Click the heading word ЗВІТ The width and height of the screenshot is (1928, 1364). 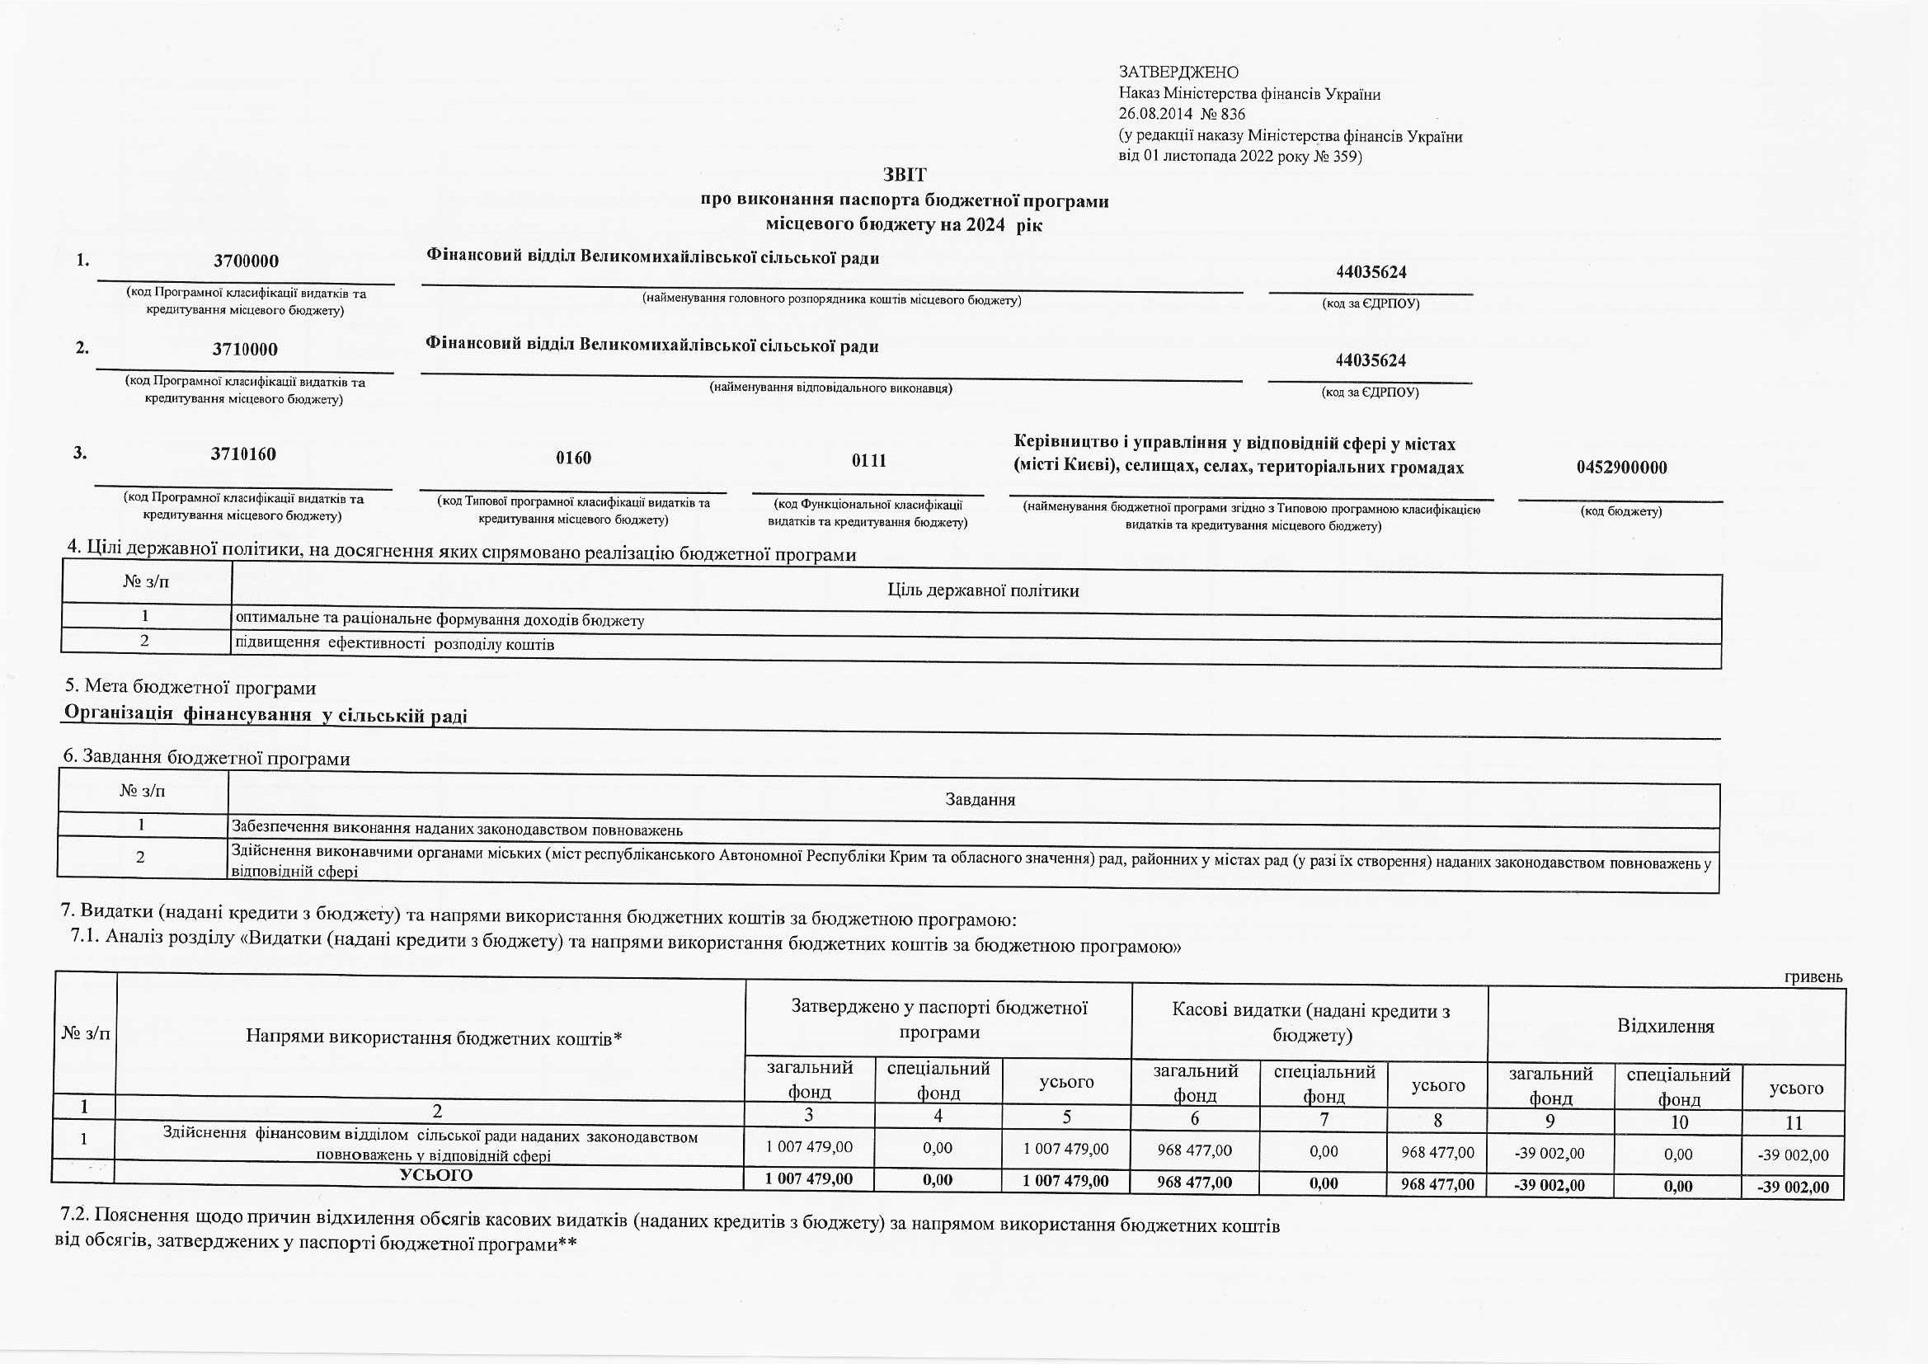point(905,175)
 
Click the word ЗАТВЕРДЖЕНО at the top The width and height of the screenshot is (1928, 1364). point(1178,73)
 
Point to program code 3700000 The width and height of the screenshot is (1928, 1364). point(246,261)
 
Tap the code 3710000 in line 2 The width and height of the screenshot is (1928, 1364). point(245,350)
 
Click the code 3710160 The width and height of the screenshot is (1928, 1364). point(243,454)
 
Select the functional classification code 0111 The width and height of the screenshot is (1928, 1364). point(868,460)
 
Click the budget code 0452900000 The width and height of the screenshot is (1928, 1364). point(1621,468)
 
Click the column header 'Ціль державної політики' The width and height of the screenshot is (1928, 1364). point(982,590)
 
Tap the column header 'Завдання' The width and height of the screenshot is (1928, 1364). point(980,800)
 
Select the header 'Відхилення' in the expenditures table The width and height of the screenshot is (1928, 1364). point(1665,1027)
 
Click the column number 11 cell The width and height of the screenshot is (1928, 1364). point(1794,1123)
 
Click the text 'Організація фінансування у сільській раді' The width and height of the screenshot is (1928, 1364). point(266,715)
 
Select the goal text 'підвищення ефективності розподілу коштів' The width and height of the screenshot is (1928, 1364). point(395,645)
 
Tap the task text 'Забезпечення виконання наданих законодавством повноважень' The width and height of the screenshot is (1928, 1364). point(457,830)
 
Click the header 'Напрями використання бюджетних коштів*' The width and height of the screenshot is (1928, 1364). point(433,1038)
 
